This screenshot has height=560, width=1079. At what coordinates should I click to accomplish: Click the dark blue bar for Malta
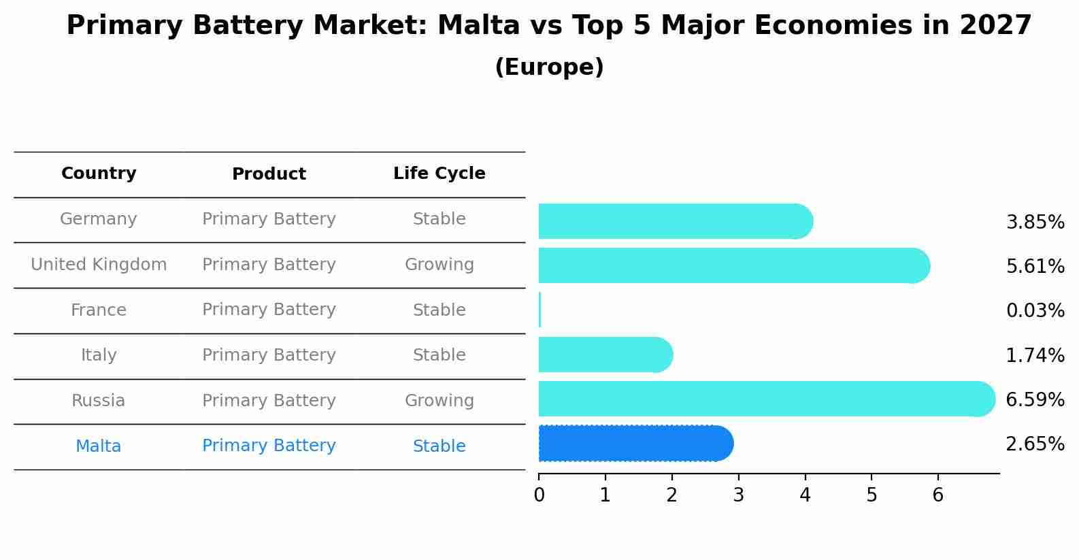[633, 444]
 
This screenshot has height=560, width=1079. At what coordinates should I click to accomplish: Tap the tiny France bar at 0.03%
[539, 310]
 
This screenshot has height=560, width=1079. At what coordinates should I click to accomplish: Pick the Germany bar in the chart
[674, 221]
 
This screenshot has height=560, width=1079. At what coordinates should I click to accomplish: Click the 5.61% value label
[1035, 267]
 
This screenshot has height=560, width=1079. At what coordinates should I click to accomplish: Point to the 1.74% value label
[1035, 355]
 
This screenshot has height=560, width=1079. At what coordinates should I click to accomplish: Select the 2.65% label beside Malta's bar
[1035, 444]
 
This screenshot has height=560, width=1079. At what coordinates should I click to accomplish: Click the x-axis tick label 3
[738, 495]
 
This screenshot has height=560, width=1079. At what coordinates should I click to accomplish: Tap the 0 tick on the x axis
[539, 495]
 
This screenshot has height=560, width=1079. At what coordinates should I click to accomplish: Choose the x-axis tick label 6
[937, 495]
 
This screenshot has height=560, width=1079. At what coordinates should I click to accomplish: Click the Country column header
[99, 174]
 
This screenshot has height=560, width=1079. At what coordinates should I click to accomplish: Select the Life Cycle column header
[439, 174]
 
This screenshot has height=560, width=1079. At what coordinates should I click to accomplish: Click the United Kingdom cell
[99, 265]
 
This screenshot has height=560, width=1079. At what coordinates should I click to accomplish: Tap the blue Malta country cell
[99, 446]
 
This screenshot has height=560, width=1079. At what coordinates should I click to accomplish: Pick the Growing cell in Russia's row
[439, 401]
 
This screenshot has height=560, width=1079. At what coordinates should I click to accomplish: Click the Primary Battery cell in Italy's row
[269, 355]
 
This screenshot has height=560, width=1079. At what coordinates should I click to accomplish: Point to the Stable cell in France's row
[439, 310]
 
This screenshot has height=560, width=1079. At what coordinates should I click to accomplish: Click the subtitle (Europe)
[549, 67]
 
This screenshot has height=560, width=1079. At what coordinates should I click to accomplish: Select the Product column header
[269, 174]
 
